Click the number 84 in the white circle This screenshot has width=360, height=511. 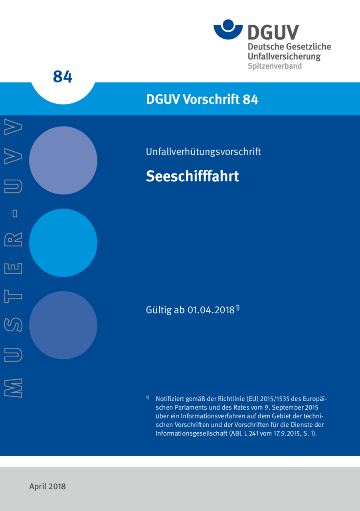(x=63, y=76)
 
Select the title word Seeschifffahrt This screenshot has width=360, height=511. (x=192, y=176)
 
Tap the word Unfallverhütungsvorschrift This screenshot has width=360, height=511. (x=204, y=152)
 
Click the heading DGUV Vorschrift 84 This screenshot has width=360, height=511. (x=202, y=99)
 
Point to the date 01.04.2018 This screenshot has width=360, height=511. (x=210, y=311)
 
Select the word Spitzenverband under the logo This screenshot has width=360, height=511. (x=275, y=66)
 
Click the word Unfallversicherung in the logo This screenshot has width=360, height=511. (x=284, y=56)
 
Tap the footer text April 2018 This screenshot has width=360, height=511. (x=47, y=486)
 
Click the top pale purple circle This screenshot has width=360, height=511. (x=63, y=160)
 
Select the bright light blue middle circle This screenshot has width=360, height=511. (x=63, y=243)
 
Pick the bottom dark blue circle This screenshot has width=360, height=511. (x=63, y=325)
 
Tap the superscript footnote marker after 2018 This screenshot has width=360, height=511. (x=237, y=307)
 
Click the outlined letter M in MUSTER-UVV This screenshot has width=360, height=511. (x=13, y=387)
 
